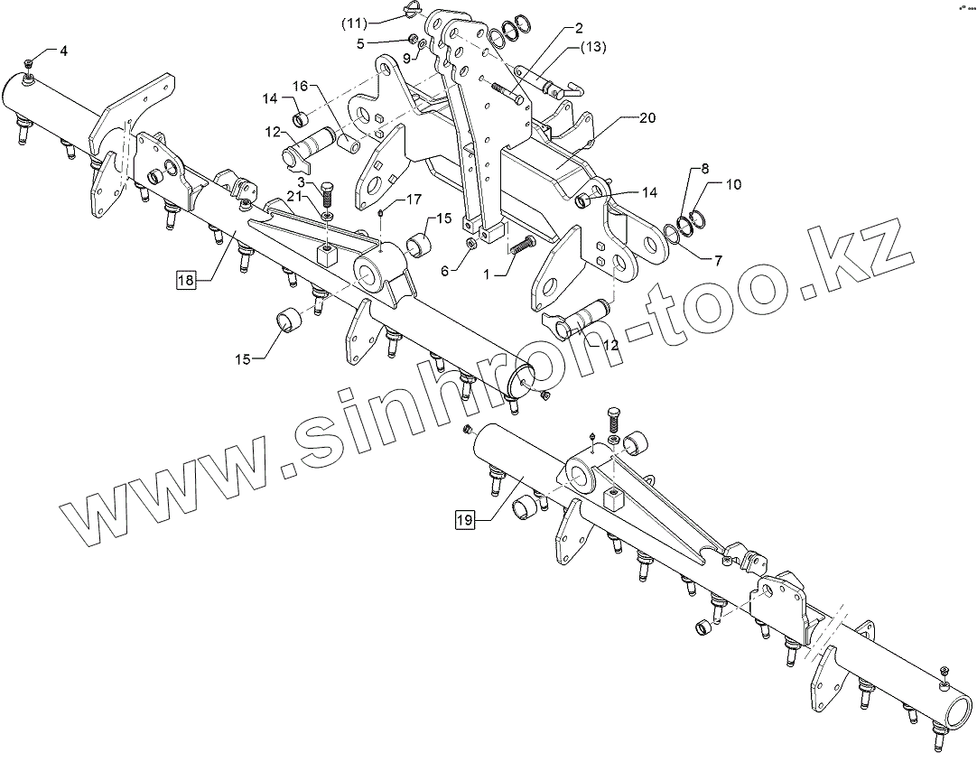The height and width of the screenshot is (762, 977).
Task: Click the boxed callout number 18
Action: point(185,281)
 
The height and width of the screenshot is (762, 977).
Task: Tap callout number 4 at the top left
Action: point(63,51)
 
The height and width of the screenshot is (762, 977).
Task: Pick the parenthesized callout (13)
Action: point(593,46)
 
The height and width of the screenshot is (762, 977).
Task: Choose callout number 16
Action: point(300,85)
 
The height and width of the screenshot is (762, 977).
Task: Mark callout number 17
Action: point(413,199)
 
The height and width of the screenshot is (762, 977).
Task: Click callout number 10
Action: point(733,185)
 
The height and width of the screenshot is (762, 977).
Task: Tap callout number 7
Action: point(718,261)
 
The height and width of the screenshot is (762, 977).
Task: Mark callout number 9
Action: point(406,58)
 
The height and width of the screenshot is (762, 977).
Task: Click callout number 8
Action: point(705,169)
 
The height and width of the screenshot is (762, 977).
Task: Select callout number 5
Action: point(386,42)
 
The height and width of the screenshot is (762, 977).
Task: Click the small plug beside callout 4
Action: point(29,62)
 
